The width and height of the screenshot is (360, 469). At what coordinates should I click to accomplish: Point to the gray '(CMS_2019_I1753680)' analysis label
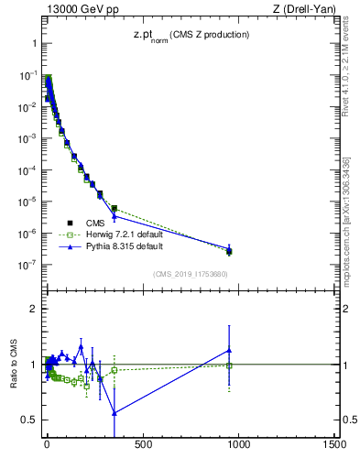[190, 273]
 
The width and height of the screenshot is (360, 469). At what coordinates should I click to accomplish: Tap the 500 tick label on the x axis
[142, 445]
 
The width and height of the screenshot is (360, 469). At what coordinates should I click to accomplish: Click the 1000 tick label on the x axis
[238, 445]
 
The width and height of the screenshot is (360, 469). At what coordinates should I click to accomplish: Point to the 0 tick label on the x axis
[47, 445]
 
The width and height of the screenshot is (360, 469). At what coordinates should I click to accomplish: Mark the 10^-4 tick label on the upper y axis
[26, 170]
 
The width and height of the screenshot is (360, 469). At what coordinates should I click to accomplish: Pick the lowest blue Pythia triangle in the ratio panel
[115, 412]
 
